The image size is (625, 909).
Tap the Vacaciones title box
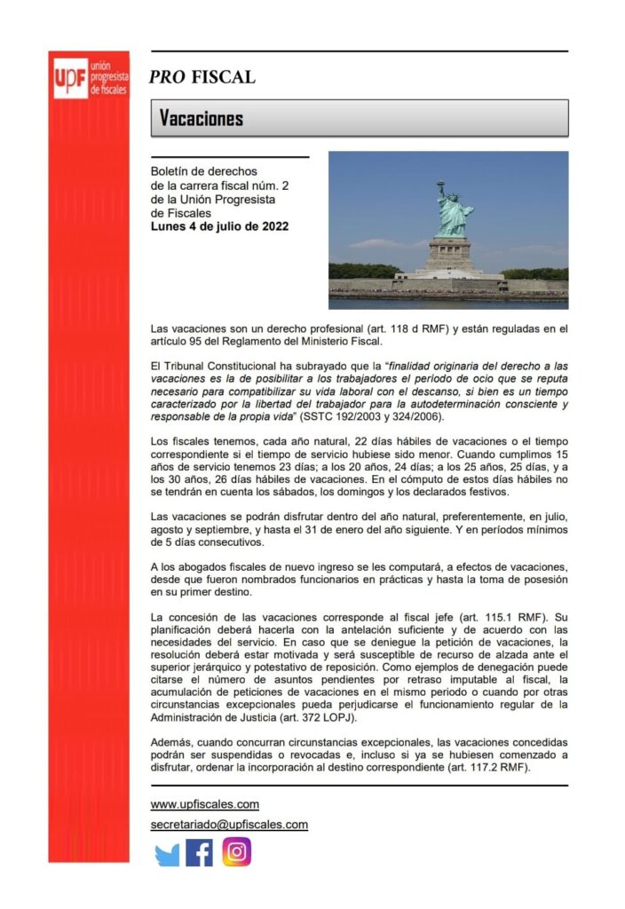coord(359,118)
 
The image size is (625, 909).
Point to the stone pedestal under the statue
coord(450,253)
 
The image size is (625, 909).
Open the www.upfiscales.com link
coord(204,804)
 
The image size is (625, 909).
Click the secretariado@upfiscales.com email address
coord(229,824)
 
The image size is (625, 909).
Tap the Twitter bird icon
coord(167,853)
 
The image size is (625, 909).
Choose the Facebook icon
coord(200,853)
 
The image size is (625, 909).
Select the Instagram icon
coord(236,852)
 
